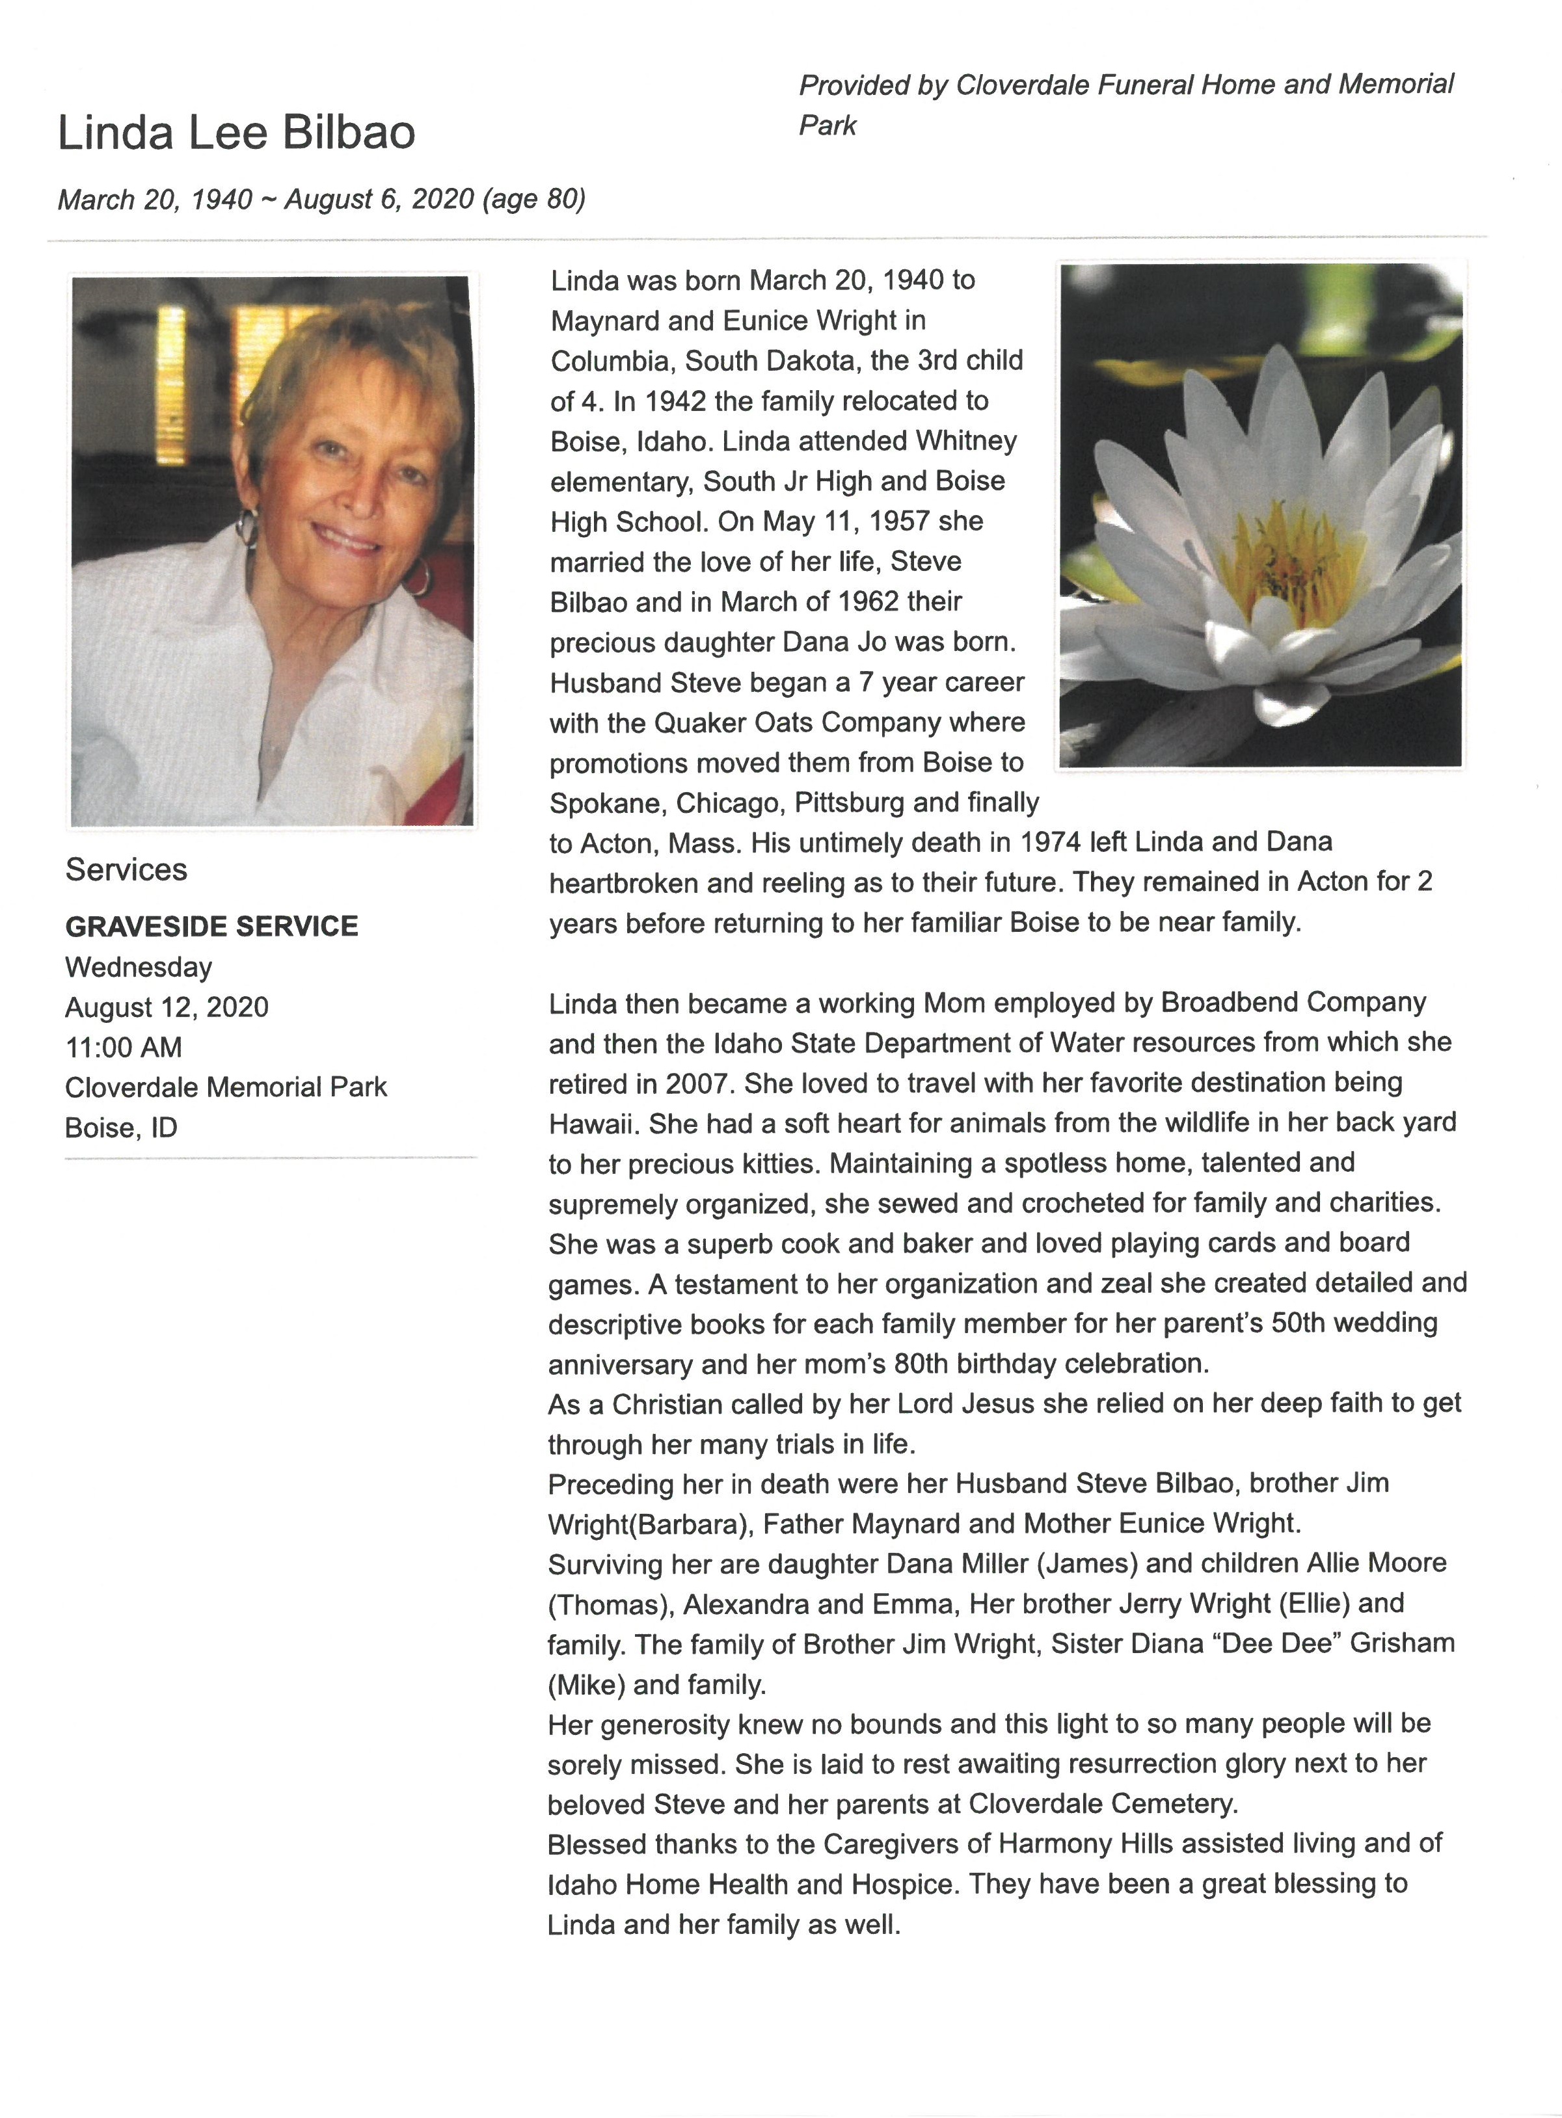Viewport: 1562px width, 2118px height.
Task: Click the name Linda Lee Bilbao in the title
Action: [236, 132]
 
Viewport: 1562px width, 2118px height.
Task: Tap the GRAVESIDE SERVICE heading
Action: [212, 926]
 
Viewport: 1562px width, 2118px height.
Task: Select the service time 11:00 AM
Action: [124, 1047]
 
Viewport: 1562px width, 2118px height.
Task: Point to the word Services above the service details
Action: [127, 869]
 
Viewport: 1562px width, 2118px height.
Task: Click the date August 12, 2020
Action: [167, 1007]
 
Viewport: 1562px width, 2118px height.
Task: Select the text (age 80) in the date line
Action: [534, 200]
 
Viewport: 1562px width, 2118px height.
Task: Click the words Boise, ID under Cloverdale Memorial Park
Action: [121, 1128]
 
